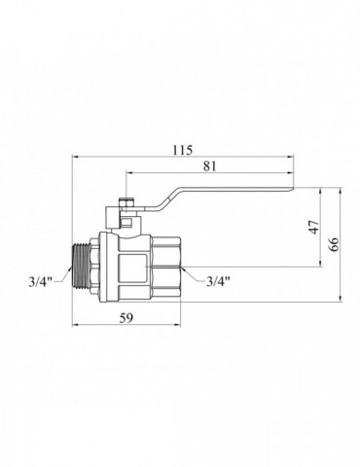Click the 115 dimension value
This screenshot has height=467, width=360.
point(183,150)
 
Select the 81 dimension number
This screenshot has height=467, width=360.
point(209,166)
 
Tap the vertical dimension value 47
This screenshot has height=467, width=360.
point(313,227)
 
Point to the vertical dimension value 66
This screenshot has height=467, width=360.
point(333,244)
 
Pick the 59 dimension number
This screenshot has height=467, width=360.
point(126,318)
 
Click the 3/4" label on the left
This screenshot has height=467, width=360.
point(41,282)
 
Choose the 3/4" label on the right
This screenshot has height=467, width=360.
point(218,281)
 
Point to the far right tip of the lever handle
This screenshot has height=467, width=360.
point(294,189)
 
